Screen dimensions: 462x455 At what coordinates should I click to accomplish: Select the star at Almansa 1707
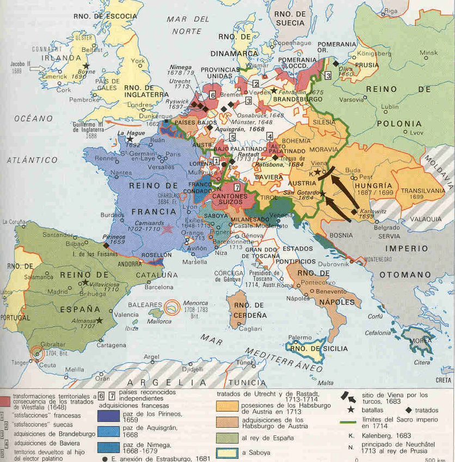(99, 320)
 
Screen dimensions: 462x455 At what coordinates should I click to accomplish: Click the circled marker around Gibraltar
(38, 352)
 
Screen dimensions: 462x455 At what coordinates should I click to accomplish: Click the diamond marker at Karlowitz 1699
(354, 211)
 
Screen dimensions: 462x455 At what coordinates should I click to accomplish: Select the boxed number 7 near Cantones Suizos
(237, 187)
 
